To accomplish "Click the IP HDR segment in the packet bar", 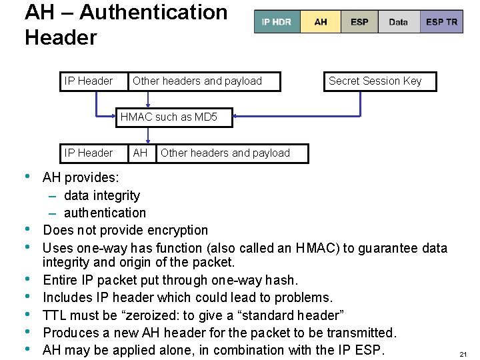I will click(x=277, y=22).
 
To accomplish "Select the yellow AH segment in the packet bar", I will click(x=321, y=22).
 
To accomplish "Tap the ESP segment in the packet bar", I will click(x=359, y=22).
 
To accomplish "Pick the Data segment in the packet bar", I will click(x=398, y=22).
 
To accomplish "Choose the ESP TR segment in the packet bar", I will click(x=441, y=22).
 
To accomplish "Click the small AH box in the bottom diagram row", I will click(x=140, y=153).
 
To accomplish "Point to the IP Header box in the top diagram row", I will click(x=89, y=81).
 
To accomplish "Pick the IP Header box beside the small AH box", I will click(x=89, y=153).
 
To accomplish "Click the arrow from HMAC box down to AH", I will click(x=147, y=135).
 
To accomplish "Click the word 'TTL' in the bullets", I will click(x=55, y=315).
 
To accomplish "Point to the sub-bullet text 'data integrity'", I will click(x=102, y=195).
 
